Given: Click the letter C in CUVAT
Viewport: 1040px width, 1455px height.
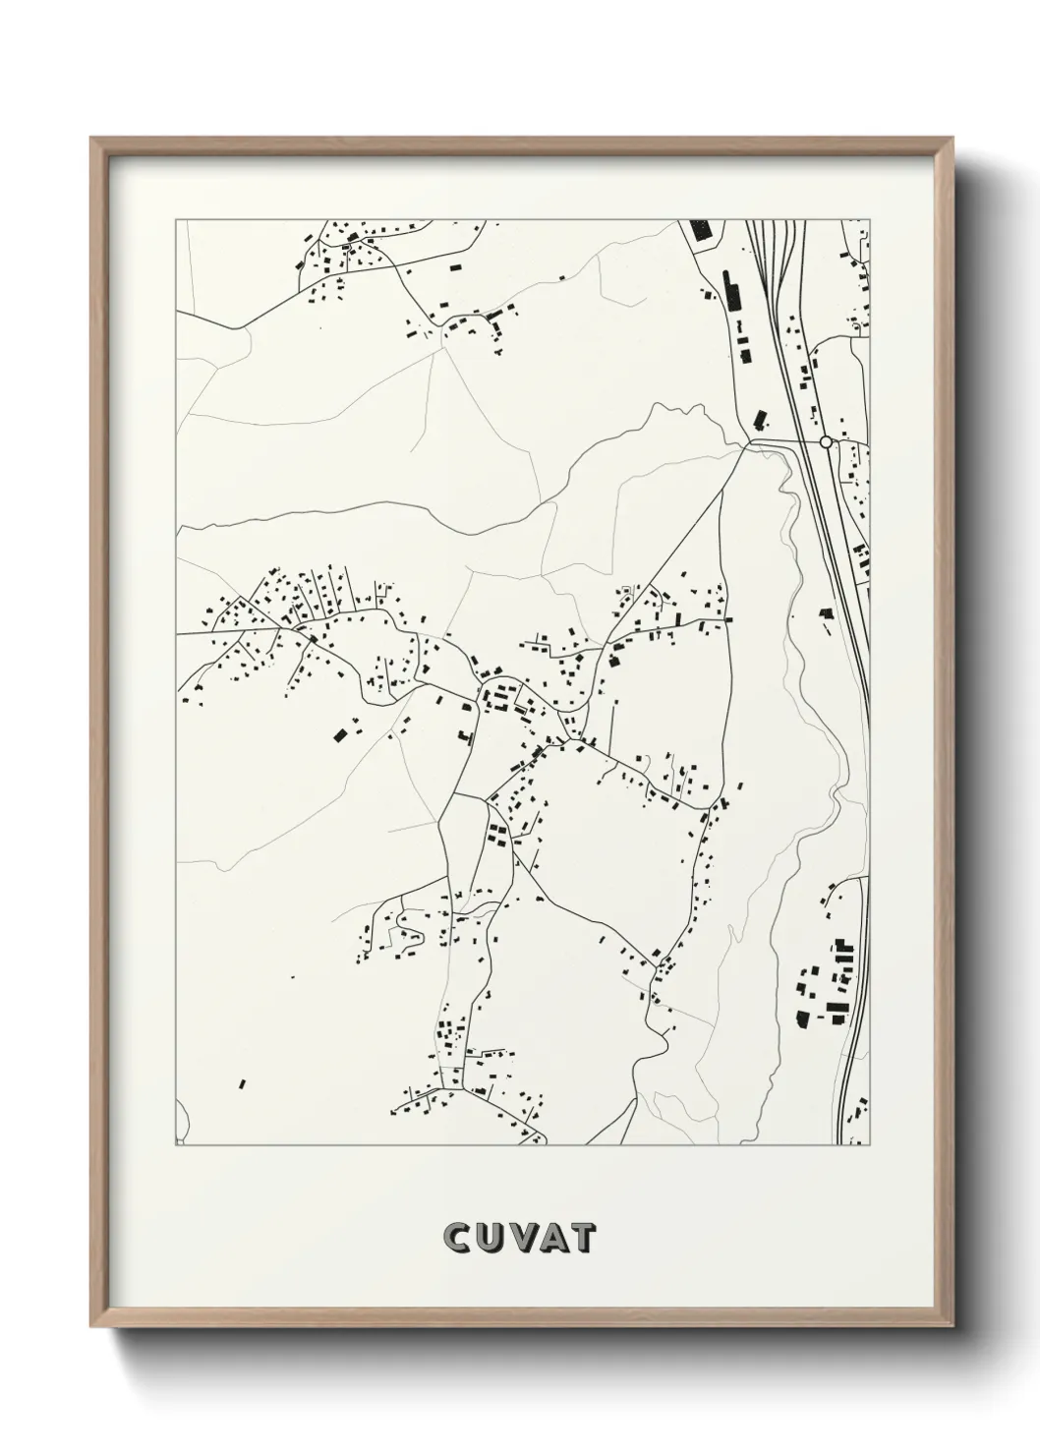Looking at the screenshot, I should [458, 1239].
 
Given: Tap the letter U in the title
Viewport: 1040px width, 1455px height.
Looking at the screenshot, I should [489, 1239].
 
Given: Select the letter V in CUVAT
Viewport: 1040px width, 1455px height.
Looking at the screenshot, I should [519, 1239].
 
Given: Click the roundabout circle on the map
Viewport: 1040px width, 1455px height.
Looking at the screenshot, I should [826, 442].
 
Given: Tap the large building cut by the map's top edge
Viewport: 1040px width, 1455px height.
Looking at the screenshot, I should [700, 229].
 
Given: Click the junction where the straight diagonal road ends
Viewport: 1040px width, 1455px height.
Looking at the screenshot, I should [749, 443].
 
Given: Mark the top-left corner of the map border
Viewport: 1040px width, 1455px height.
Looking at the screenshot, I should [176, 220].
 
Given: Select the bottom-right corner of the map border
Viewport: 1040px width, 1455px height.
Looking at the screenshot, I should [870, 1145].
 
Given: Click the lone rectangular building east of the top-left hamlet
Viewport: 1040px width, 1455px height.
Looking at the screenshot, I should [454, 265].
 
